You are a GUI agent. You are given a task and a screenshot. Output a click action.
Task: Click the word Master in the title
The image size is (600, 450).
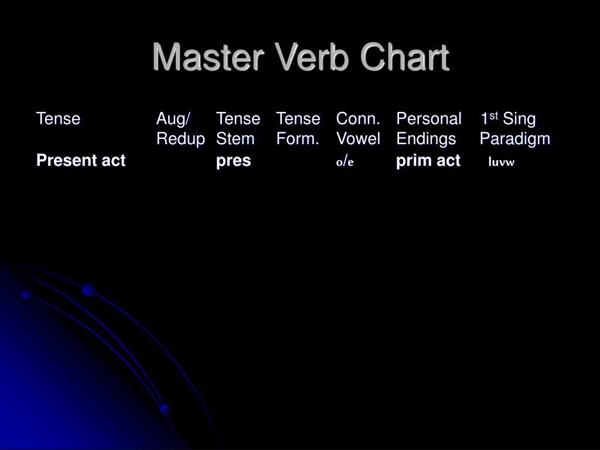[204, 58]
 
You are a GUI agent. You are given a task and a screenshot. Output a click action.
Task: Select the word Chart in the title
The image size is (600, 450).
[404, 58]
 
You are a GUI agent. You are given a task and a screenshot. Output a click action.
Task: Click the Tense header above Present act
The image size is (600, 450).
[58, 119]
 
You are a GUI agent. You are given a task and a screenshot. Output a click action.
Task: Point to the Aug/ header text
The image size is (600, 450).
[173, 119]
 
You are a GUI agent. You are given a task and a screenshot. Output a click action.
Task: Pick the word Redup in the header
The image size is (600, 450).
[180, 139]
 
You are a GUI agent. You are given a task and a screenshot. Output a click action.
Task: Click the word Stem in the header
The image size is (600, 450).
[235, 139]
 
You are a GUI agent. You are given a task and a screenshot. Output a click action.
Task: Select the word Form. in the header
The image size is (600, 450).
[298, 139]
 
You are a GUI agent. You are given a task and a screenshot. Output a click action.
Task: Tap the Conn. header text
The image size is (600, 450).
[359, 119]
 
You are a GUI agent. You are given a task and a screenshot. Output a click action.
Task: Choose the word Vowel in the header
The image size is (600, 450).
[358, 139]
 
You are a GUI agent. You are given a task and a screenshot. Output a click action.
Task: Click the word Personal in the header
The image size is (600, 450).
[429, 119]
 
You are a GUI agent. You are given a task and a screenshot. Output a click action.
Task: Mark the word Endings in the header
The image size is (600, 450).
[426, 139]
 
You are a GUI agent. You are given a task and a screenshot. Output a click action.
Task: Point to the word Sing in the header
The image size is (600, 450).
[520, 119]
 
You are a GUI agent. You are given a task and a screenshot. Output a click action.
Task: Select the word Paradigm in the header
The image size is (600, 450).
[515, 139]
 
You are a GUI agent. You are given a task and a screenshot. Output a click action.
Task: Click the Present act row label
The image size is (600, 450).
[81, 161]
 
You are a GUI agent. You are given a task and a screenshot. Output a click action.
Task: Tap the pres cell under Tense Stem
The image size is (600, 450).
[233, 161]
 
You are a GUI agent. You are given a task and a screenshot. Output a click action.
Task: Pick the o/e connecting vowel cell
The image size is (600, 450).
[345, 162]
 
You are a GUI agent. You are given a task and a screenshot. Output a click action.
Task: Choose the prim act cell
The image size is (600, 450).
[428, 161]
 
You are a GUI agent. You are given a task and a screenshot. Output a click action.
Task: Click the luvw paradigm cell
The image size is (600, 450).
[501, 162]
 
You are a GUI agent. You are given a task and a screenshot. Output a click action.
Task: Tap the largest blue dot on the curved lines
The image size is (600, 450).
[88, 289]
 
